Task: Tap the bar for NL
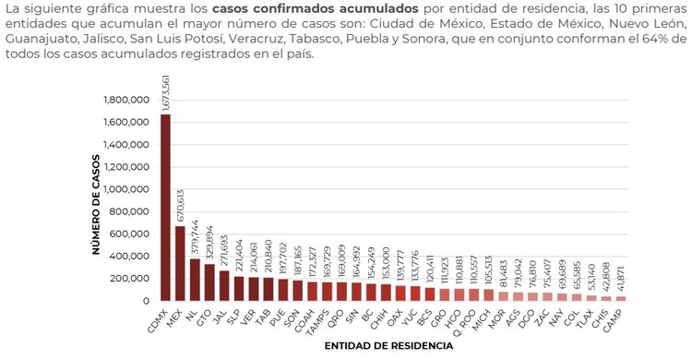(x=195, y=280)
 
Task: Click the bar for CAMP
(x=620, y=298)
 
